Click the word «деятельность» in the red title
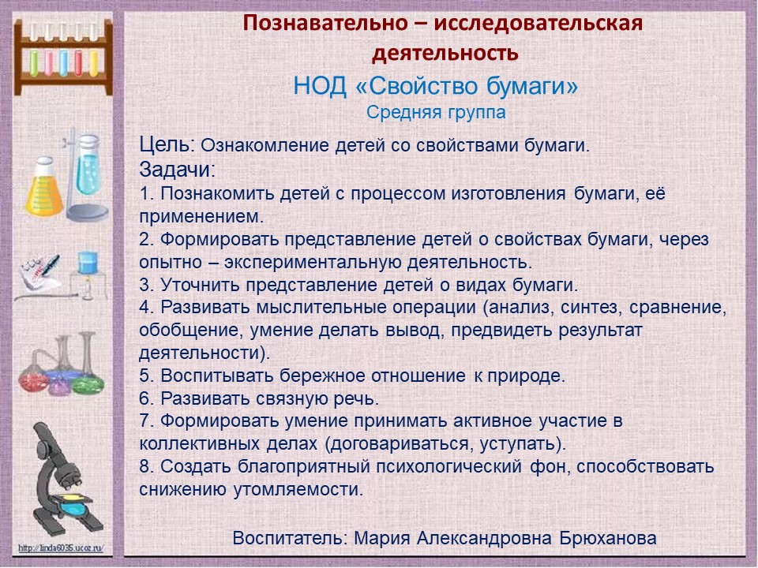click(x=445, y=53)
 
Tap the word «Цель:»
click(x=167, y=144)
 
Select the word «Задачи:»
click(x=178, y=170)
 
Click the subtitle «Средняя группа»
click(x=436, y=112)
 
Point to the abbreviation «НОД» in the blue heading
click(x=320, y=87)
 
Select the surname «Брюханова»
click(x=608, y=537)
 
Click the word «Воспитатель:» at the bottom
click(x=290, y=538)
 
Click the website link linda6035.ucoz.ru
click(x=61, y=548)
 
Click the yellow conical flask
click(x=44, y=188)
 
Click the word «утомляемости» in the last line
click(x=298, y=490)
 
